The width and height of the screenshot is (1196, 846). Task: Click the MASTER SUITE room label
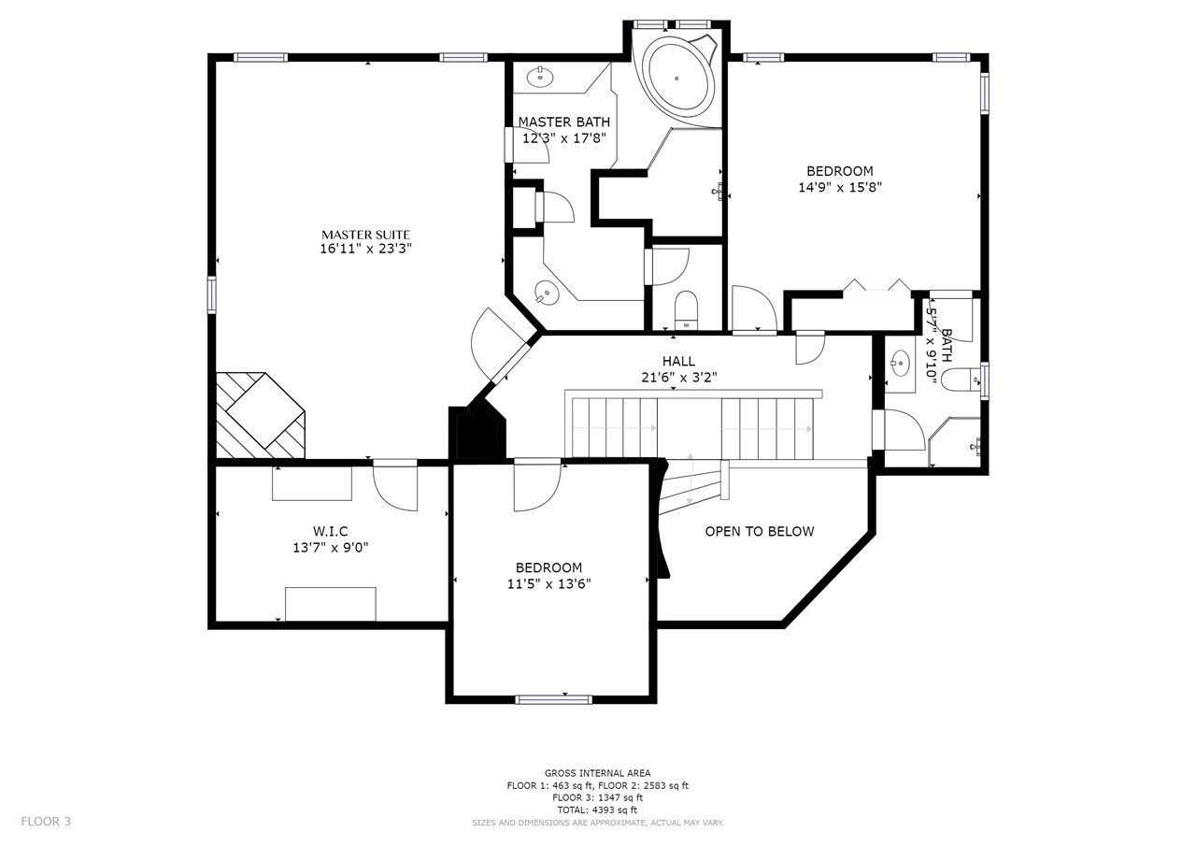pos(365,235)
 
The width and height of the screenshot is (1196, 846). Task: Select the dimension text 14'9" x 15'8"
pos(840,188)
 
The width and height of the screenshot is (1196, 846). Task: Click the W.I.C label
pos(331,531)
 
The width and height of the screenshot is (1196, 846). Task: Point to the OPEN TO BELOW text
pos(760,531)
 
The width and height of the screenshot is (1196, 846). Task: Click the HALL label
pos(678,361)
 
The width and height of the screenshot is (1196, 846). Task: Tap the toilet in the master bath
pos(686,309)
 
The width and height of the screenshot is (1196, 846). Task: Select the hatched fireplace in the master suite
pos(260,415)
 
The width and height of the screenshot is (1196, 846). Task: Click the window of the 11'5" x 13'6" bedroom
pos(554,699)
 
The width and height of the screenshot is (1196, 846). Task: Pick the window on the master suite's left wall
pos(212,294)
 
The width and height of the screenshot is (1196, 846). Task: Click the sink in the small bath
pos(900,364)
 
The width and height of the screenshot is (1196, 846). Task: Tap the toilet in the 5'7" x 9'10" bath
pos(960,380)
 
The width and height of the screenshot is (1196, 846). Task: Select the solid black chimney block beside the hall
pos(477,432)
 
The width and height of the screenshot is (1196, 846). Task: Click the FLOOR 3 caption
pos(46,822)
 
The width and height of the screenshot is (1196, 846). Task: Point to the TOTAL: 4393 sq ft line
pos(597,810)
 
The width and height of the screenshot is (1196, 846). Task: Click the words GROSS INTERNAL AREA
pos(597,773)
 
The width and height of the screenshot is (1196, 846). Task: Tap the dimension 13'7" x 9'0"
pos(331,548)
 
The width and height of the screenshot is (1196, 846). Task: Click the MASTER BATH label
pos(563,122)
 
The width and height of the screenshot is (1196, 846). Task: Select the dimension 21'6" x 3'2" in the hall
pos(678,378)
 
